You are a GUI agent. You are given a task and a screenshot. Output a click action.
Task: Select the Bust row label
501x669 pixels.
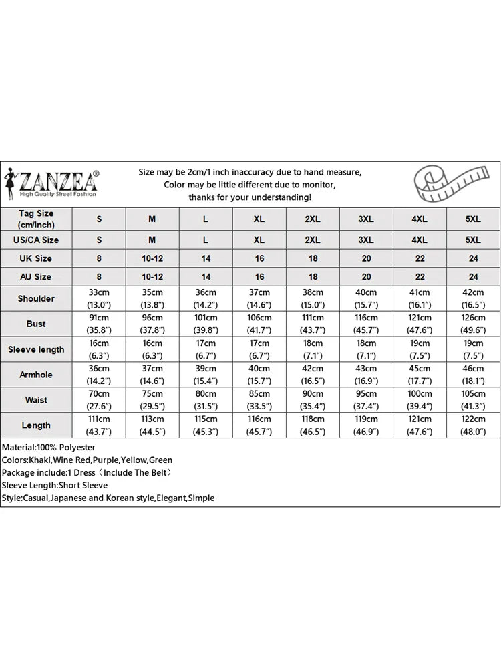[37, 324]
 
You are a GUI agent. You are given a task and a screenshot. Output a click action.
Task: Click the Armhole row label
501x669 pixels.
[37, 375]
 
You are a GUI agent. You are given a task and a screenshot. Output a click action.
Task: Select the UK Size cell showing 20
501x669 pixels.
[366, 258]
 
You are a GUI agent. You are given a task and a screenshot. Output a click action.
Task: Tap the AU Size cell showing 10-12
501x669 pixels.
[152, 276]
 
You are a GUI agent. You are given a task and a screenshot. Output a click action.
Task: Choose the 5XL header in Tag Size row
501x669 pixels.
[473, 219]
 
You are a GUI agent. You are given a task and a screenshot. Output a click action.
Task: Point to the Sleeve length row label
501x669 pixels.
[37, 349]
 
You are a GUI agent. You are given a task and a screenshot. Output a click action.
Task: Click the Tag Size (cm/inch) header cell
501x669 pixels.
[37, 219]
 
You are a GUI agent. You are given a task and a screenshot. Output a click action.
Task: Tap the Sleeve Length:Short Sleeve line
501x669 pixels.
[55, 485]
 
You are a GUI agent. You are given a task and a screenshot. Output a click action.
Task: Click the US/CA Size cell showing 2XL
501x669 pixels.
[313, 239]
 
